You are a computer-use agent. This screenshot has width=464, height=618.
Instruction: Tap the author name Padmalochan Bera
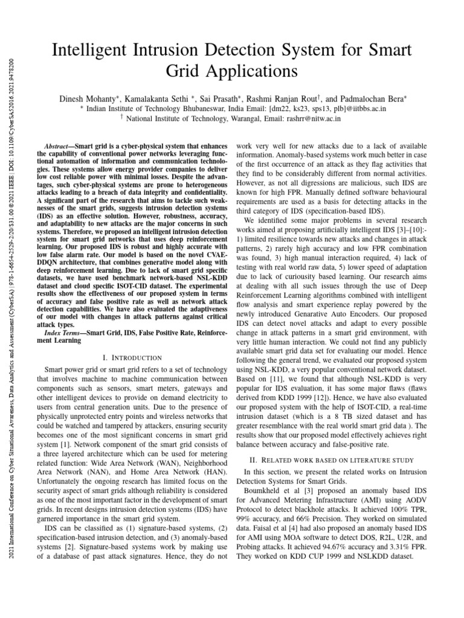tap(373, 97)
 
